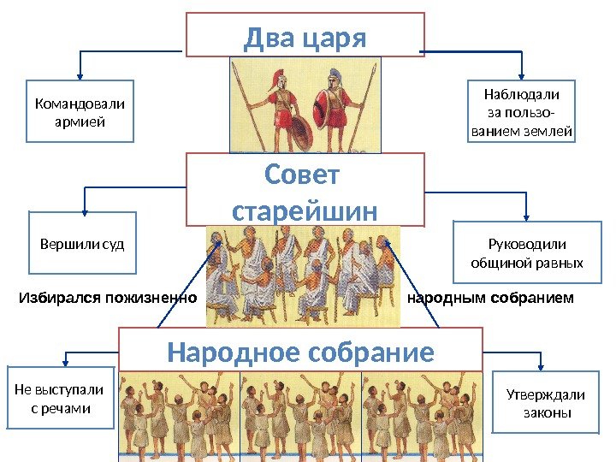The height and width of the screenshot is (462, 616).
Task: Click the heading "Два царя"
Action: tap(305, 38)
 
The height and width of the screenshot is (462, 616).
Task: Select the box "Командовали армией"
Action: tap(79, 112)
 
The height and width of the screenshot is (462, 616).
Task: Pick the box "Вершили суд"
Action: tap(82, 246)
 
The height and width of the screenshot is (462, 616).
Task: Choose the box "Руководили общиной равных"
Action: tap(526, 253)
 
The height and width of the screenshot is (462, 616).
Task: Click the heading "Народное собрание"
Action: tap(300, 352)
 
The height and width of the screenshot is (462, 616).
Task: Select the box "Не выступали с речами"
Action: tap(60, 399)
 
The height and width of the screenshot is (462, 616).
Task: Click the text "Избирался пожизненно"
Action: tap(108, 299)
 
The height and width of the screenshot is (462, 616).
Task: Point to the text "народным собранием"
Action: tap(491, 299)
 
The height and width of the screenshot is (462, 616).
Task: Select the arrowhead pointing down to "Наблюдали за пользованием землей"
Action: tap(522, 77)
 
